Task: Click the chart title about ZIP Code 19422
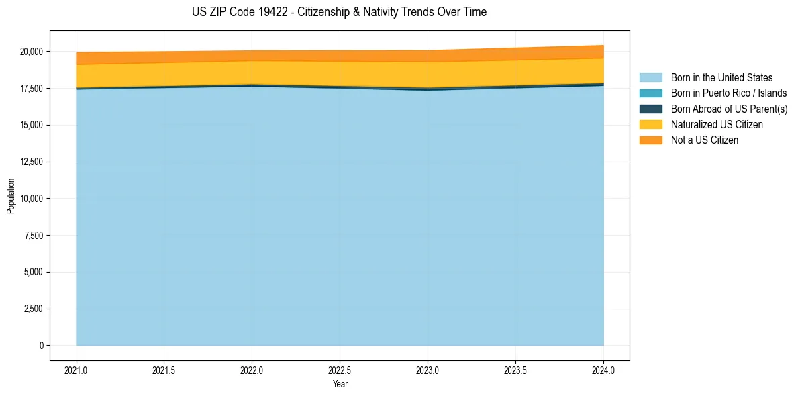point(339,12)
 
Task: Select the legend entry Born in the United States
point(721,78)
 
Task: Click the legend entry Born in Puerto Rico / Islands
point(729,93)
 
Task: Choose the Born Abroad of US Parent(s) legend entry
point(729,109)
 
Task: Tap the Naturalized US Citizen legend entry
point(717,124)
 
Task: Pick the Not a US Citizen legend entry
point(705,140)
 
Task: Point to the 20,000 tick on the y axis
point(32,52)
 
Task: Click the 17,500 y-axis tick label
point(32,89)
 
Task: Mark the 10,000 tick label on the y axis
point(32,199)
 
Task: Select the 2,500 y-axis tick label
point(34,309)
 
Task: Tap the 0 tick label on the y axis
point(41,346)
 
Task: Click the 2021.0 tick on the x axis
point(77,370)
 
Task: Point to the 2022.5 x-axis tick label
point(340,370)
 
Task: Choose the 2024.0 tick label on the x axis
point(603,370)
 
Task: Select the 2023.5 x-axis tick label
point(515,370)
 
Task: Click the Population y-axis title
point(11,196)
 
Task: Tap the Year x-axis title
point(340,384)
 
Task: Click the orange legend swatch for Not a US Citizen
point(650,140)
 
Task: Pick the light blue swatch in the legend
point(650,78)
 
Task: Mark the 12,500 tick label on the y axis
point(32,162)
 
